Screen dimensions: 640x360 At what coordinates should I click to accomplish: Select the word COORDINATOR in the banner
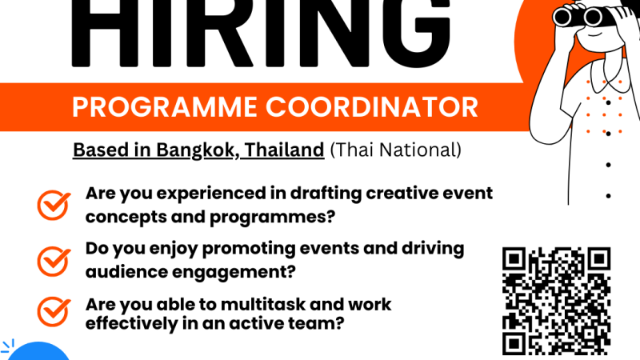click(372, 107)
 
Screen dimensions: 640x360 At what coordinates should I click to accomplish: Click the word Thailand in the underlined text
click(284, 150)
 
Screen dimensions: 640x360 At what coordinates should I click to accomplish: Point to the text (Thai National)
click(395, 150)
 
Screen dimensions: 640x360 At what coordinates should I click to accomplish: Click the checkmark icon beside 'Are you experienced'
click(54, 205)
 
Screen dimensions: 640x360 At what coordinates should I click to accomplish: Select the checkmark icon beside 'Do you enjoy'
click(54, 262)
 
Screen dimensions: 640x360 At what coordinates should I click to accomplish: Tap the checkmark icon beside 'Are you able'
click(54, 312)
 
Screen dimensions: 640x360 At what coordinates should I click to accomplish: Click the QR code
click(556, 302)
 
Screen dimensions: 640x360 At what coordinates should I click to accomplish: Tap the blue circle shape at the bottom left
click(38, 351)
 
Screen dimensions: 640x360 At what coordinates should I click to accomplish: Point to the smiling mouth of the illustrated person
click(594, 34)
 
